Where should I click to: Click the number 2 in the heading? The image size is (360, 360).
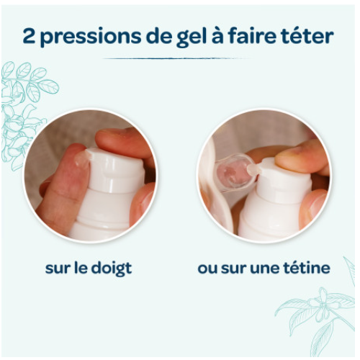(29, 37)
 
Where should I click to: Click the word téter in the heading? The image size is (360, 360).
(310, 37)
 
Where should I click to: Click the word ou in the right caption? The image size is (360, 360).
(208, 269)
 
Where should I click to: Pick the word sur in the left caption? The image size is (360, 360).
(58, 269)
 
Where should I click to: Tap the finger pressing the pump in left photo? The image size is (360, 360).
(126, 143)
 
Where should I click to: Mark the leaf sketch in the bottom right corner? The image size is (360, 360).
(317, 317)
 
